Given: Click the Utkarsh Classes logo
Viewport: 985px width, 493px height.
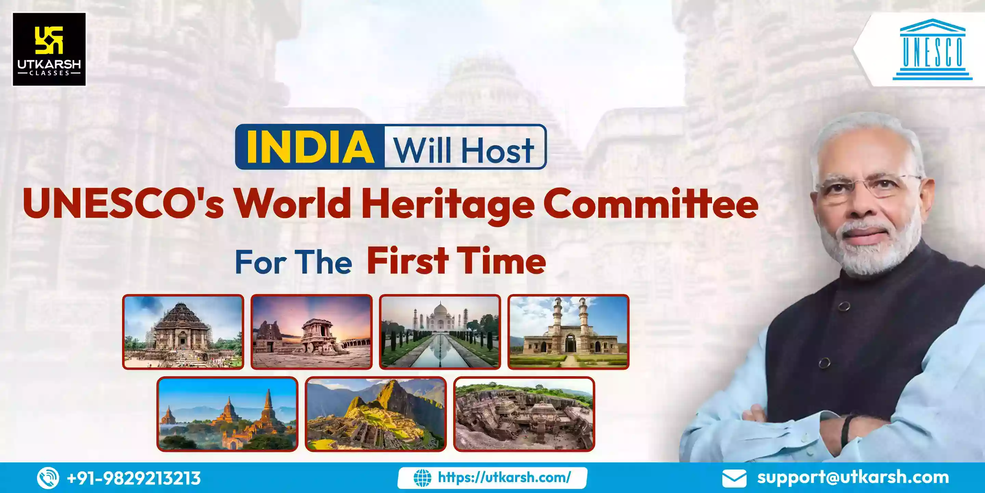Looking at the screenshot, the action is [x=49, y=49].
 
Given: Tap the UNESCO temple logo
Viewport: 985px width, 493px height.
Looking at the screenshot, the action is [x=932, y=49].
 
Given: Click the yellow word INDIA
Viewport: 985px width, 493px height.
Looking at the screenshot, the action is [x=310, y=147].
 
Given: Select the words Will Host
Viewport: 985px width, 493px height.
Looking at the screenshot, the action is [x=464, y=149].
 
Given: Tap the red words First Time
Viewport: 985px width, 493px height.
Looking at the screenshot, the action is [x=456, y=261].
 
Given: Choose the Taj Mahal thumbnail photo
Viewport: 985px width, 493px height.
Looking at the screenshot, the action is [x=440, y=332].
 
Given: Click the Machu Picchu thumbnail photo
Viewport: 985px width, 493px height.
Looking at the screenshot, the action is [x=376, y=414].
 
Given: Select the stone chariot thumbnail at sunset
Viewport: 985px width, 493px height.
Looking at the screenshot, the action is [x=311, y=332].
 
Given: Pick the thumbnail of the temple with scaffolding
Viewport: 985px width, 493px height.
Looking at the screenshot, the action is [x=183, y=332].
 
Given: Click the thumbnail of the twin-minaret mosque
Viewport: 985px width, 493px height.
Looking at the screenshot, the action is [x=568, y=332].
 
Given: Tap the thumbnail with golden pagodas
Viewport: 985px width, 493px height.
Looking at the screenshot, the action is [x=227, y=414].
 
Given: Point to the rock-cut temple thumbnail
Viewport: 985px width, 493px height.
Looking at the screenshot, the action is [x=524, y=414].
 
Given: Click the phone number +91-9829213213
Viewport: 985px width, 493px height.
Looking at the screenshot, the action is [x=134, y=478].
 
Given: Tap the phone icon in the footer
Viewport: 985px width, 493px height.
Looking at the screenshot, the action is [x=48, y=478].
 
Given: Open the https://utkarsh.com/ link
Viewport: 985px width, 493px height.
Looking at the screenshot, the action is [x=504, y=478].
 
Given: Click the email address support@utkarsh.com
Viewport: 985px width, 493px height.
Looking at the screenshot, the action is [x=853, y=477].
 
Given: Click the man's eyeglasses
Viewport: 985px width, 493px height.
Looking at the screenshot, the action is [x=868, y=186].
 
